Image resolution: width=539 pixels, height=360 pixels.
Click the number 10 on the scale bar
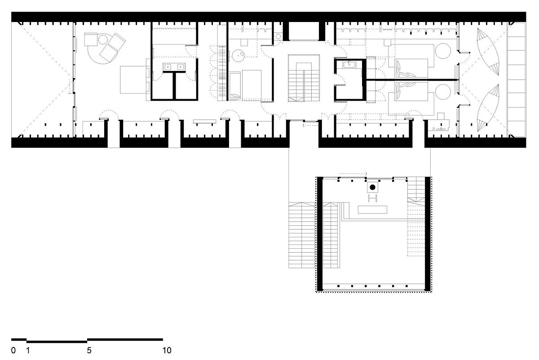point(167,351)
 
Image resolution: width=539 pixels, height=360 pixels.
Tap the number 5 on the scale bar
point(89,351)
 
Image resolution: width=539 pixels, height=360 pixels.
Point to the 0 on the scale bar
point(13,351)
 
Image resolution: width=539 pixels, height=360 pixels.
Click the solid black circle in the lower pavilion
point(372,187)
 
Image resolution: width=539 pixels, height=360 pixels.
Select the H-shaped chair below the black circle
point(372,198)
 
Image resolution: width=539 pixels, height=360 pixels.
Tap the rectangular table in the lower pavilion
point(372,210)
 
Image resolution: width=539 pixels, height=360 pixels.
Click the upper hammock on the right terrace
point(488,52)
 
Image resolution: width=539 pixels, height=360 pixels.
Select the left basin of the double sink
point(167,66)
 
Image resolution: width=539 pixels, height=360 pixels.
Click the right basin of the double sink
point(181,66)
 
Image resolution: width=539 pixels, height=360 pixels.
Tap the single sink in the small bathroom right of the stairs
point(349,65)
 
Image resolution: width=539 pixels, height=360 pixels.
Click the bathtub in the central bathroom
point(235,86)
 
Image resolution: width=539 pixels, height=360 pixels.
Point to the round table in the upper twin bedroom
point(443,51)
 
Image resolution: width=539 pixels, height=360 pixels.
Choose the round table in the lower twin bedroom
point(443,92)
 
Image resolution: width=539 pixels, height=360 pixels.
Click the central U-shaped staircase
point(304,78)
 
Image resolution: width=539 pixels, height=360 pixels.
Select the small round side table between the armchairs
point(103,40)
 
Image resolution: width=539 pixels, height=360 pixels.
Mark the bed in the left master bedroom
point(135,79)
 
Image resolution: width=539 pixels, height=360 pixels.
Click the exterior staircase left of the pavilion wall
point(302,235)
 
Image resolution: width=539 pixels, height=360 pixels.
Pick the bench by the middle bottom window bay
point(204,122)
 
